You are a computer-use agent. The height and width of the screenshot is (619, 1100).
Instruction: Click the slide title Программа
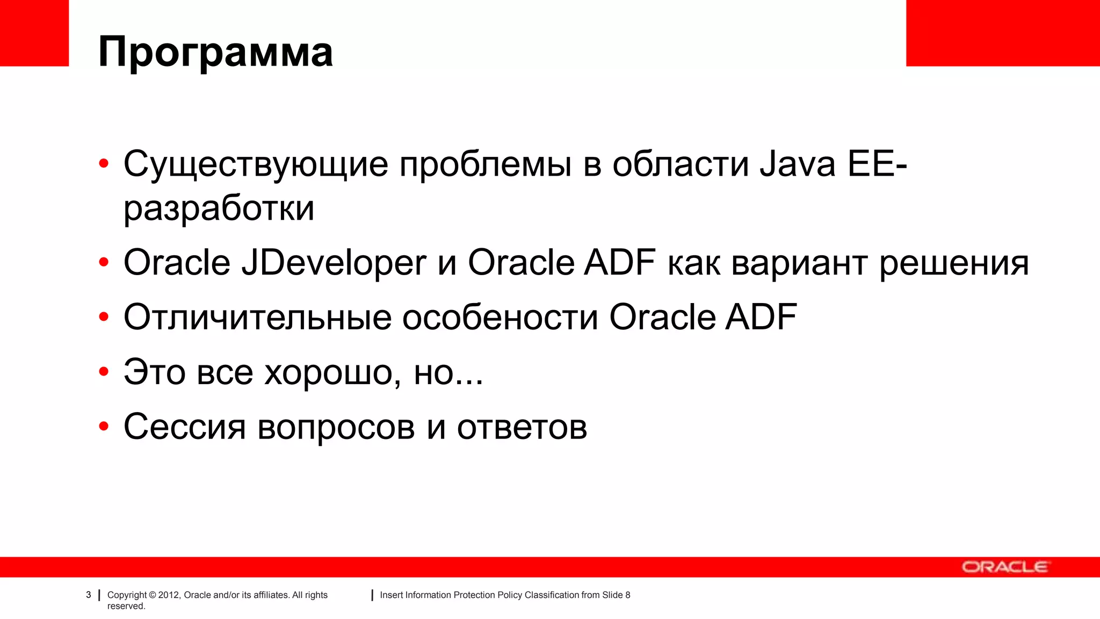pyautogui.click(x=215, y=52)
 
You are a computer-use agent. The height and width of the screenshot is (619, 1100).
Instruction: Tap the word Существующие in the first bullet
pyautogui.click(x=256, y=164)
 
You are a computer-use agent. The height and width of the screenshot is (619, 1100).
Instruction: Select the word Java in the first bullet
pyautogui.click(x=797, y=164)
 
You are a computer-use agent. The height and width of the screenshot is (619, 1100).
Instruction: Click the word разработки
pyautogui.click(x=219, y=208)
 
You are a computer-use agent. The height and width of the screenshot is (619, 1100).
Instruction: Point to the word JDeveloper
pyautogui.click(x=334, y=263)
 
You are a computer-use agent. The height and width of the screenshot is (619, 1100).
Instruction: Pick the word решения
pyautogui.click(x=954, y=263)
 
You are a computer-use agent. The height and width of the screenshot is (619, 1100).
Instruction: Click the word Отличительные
pyautogui.click(x=257, y=317)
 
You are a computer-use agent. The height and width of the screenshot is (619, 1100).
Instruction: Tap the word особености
pyautogui.click(x=500, y=317)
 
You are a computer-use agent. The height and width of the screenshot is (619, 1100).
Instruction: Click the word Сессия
pyautogui.click(x=184, y=427)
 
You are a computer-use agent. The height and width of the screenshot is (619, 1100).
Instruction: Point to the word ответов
pyautogui.click(x=522, y=427)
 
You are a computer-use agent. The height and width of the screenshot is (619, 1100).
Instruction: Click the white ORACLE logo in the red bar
pyautogui.click(x=1004, y=567)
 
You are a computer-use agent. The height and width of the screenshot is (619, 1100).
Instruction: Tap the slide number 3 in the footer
pyautogui.click(x=89, y=595)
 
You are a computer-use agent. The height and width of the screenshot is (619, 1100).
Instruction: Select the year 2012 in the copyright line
pyautogui.click(x=168, y=595)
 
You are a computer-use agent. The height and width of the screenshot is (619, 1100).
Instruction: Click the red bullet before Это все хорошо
pyautogui.click(x=104, y=371)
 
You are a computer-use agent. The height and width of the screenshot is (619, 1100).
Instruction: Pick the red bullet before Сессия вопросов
pyautogui.click(x=104, y=427)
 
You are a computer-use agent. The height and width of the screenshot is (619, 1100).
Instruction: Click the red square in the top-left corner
pyautogui.click(x=34, y=33)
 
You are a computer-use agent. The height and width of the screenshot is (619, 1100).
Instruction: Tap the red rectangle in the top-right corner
pyautogui.click(x=1003, y=33)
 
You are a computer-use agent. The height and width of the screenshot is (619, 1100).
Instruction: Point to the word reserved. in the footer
pyautogui.click(x=126, y=606)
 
